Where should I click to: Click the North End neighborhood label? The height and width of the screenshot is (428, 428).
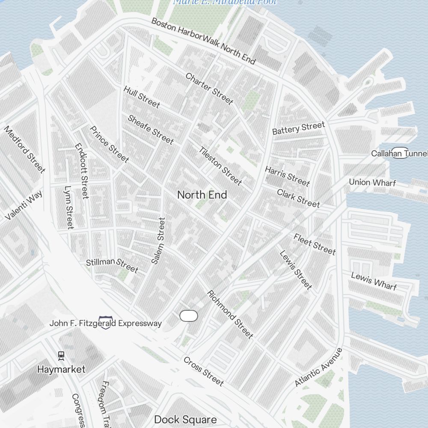[202, 195]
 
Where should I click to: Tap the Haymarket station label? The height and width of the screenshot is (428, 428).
[61, 369]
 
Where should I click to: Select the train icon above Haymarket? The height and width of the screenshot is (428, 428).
[61, 355]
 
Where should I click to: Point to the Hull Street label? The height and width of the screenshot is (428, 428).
[142, 97]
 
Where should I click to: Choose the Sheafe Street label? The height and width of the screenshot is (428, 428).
[151, 129]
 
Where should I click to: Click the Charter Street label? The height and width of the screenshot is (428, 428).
[209, 89]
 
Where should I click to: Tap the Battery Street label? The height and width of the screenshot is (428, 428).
[299, 128]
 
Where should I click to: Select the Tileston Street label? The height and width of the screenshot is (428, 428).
[220, 166]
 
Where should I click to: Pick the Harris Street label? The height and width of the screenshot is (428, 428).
[287, 176]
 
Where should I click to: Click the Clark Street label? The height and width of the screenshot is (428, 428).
[298, 198]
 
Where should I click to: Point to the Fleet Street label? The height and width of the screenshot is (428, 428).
[315, 244]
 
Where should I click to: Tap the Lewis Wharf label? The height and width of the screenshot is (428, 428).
[374, 281]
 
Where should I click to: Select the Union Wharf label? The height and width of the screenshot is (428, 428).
[372, 182]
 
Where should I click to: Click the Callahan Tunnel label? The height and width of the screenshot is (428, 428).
[399, 153]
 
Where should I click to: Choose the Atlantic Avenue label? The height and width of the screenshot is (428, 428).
[319, 367]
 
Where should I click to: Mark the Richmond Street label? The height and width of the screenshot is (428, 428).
[230, 315]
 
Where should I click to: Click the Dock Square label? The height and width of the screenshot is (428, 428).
[185, 419]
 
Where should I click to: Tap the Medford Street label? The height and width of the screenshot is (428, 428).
[24, 149]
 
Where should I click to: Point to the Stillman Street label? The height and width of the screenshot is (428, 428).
[112, 265]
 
